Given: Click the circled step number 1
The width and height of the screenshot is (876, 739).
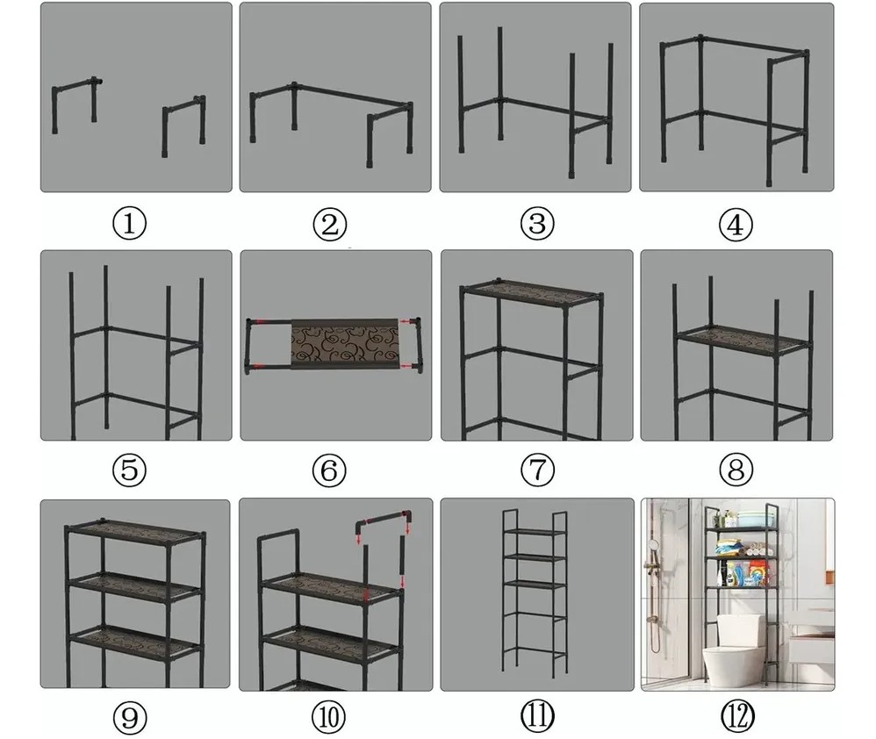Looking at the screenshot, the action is pyautogui.click(x=130, y=224).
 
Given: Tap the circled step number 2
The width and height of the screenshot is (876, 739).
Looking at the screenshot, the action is pyautogui.click(x=330, y=225).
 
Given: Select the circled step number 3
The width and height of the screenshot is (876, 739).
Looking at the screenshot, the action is pyautogui.click(x=537, y=224).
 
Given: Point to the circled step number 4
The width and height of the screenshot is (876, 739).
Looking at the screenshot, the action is pyautogui.click(x=736, y=225).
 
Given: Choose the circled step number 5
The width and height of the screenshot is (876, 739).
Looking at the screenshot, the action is pyautogui.click(x=130, y=470).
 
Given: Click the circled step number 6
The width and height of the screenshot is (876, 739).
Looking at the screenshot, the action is pyautogui.click(x=329, y=470).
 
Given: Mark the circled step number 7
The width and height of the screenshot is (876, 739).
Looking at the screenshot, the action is pyautogui.click(x=537, y=470).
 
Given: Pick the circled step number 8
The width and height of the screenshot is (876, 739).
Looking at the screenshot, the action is pyautogui.click(x=736, y=470).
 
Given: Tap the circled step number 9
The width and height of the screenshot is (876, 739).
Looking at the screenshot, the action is pyautogui.click(x=130, y=717).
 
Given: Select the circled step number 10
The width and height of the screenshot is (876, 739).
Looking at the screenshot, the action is pyautogui.click(x=328, y=717).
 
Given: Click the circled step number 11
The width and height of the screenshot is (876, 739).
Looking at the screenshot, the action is pyautogui.click(x=537, y=717).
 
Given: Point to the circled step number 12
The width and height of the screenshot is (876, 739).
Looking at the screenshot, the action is pyautogui.click(x=737, y=717).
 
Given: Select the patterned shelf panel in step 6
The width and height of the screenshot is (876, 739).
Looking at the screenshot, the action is pyautogui.click(x=345, y=341).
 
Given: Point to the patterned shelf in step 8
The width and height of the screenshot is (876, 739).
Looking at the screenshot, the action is pyautogui.click(x=743, y=338).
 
